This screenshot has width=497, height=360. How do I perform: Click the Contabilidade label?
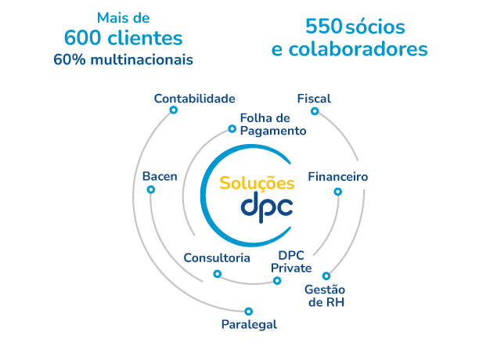pos(194,99)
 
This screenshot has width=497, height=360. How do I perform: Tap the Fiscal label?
pos(314,99)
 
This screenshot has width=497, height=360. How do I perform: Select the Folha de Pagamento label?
pos(272,124)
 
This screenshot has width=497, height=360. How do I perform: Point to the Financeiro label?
pos(337,177)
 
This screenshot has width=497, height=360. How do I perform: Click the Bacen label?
pos(160,177)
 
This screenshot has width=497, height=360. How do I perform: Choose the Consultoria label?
pos(217,257)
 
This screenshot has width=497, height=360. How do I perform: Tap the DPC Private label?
pos(291,261)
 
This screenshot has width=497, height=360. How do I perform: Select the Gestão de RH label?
pos(324,296)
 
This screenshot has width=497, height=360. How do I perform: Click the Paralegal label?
pos(248,324)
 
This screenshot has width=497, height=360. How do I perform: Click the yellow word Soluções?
pos(257,184)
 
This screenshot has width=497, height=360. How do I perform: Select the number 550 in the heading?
pos(323,27)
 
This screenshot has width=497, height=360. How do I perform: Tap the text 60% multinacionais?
pos(123,59)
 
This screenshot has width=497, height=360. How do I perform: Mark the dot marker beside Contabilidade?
pos(173,110)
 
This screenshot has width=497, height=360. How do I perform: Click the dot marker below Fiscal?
pos(315,111)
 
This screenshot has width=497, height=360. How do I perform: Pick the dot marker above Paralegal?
pos(248,311)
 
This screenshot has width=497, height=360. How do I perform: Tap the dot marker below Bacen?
pos(149,188)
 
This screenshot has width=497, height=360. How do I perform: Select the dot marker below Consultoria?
pos(217,274)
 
